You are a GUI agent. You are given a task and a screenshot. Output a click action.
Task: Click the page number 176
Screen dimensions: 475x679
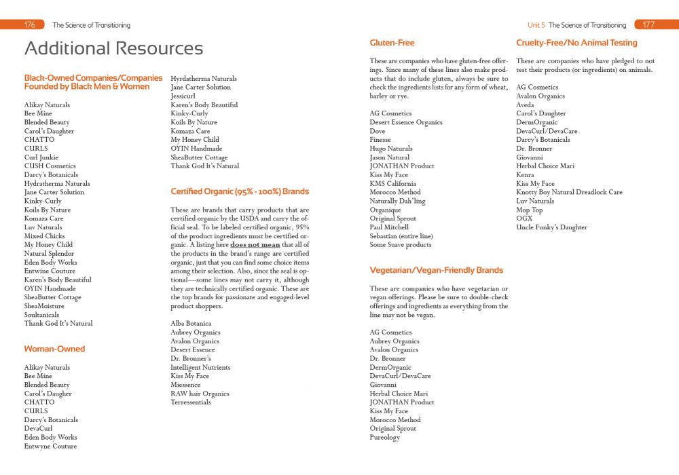30,25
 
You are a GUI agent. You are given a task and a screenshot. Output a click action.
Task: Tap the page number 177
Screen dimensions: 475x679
648,25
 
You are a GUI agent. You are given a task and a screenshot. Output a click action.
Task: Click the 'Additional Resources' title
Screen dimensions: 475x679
113,49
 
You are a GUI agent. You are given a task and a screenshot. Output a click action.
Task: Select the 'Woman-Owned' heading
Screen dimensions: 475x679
54,349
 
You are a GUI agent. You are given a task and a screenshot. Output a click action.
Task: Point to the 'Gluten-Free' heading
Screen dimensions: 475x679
392,43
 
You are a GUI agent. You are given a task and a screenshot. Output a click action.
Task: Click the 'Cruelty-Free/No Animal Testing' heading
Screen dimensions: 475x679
576,43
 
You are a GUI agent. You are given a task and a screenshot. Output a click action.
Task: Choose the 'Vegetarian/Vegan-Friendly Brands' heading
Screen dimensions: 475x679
436,270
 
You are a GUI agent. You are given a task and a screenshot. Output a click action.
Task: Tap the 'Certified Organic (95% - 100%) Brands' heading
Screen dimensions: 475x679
240,191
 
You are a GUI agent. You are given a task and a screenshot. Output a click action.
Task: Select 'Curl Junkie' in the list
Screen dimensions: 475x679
41,157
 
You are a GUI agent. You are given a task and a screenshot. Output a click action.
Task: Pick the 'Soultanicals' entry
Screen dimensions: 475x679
41,315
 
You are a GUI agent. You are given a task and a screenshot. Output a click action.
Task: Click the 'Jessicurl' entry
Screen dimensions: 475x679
183,96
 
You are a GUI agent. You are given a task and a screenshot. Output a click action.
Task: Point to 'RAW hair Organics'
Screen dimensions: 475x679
200,394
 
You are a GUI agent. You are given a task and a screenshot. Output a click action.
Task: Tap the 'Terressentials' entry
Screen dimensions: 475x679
191,402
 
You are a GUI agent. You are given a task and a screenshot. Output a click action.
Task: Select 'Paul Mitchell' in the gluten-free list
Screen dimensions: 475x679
389,227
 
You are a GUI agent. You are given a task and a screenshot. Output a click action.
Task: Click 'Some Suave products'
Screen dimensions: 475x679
400,245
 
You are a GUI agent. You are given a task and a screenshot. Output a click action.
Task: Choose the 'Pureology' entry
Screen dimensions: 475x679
384,438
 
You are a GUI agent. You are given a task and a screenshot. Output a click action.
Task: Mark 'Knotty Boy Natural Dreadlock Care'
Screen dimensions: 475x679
569,192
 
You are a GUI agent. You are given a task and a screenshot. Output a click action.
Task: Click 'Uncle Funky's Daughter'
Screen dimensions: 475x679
551,227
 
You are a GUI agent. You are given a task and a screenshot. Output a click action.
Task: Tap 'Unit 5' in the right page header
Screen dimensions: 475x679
536,25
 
